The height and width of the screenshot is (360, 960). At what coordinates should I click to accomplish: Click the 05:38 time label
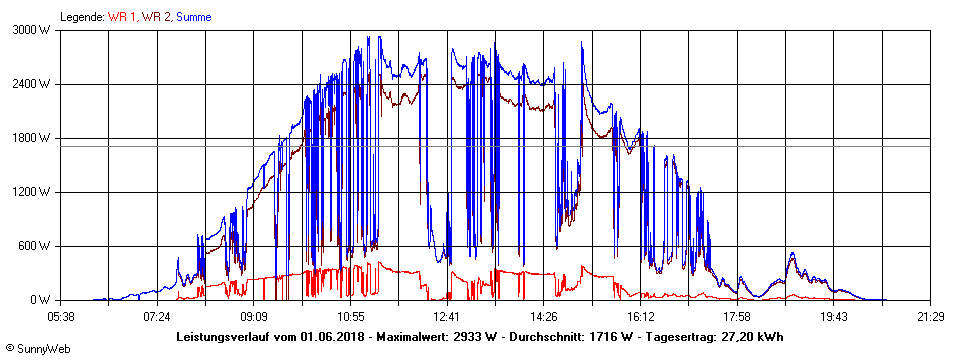pos(60,316)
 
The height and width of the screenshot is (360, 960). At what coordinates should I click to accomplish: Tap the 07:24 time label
pos(157,316)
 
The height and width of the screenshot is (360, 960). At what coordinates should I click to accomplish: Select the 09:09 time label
pos(254,316)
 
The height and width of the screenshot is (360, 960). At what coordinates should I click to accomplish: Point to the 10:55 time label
pos(350,316)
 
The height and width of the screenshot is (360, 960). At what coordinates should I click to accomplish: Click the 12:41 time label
pos(447,316)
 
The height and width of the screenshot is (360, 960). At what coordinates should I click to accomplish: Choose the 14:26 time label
pos(544,316)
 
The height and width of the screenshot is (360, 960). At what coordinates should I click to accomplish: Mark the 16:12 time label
pos(641,316)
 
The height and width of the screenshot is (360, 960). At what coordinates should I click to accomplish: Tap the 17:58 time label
pos(738,316)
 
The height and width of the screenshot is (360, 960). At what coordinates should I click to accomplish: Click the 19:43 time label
pos(834,316)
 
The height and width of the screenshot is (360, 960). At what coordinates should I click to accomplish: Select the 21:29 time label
pos(931,316)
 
